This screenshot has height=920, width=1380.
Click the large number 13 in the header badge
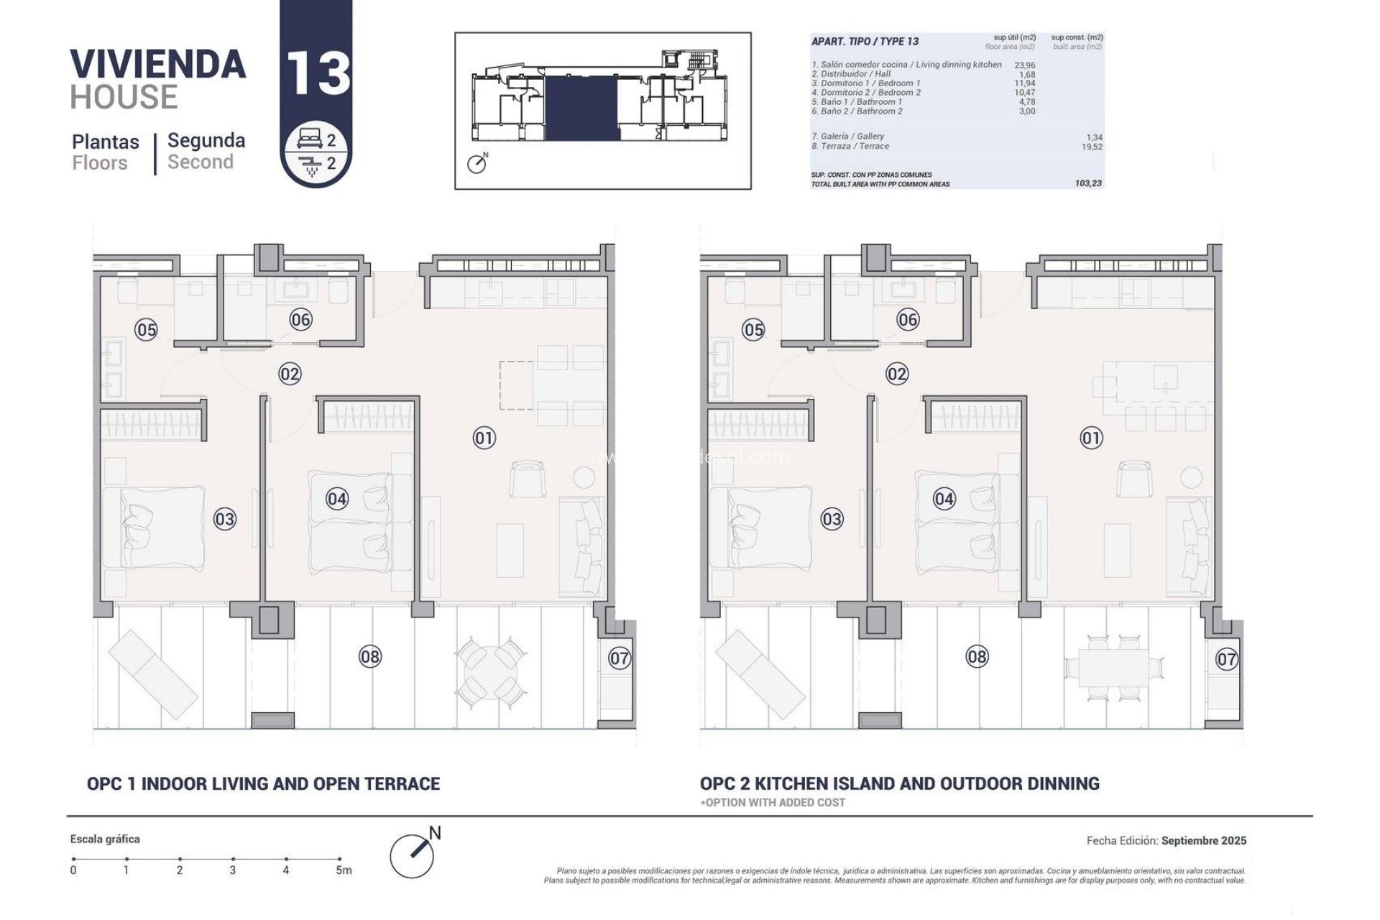[x=318, y=74]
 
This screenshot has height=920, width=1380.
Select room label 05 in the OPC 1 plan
[x=146, y=330]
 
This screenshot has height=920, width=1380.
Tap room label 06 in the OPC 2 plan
[x=908, y=320]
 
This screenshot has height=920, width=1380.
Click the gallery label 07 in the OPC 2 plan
[x=1226, y=659]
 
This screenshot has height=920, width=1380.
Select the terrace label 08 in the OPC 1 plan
[x=370, y=656]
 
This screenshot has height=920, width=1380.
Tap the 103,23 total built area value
[x=1088, y=184]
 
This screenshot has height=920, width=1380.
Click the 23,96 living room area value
[x=1024, y=65]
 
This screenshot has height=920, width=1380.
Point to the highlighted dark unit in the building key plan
[x=581, y=108]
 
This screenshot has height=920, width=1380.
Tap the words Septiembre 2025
[x=1204, y=840]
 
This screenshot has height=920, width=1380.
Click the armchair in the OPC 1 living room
[x=527, y=479]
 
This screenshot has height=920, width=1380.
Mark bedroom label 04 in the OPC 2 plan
[x=944, y=499]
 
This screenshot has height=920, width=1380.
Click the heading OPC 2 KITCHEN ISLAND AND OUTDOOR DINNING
[x=899, y=783]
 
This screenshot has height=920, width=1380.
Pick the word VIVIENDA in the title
[x=158, y=64]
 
